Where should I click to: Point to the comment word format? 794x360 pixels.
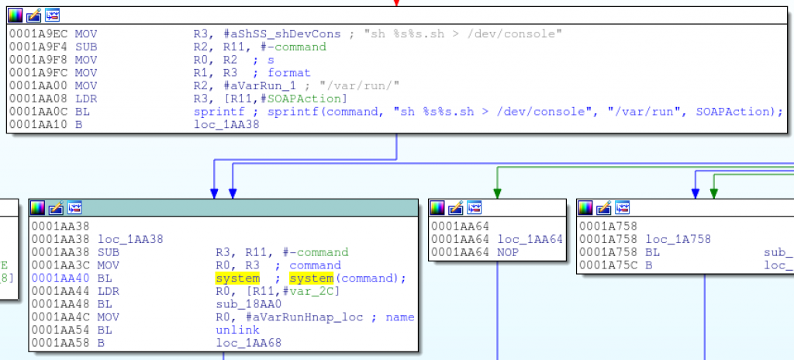pos(288,73)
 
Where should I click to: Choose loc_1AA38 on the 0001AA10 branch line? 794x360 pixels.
pos(226,124)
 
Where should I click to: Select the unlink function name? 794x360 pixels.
pos(237,330)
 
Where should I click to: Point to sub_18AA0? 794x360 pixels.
pos(249,304)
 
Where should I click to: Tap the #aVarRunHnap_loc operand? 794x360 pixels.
pos(289,317)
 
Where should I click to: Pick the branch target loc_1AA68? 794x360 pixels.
pos(249,343)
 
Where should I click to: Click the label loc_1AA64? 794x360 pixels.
pos(530,239)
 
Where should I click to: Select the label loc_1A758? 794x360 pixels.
pos(678,239)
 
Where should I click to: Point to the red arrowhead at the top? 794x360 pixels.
pos(396,3)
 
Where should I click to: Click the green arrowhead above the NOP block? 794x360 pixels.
pos(497,192)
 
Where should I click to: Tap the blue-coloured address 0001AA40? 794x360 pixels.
pos(61,279)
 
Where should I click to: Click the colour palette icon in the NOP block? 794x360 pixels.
pos(437,207)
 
